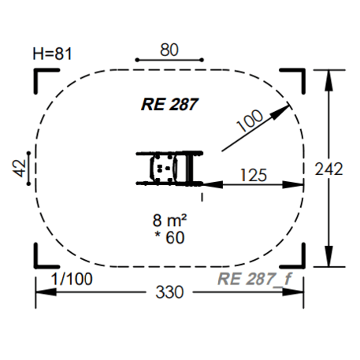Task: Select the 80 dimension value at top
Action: click(x=169, y=49)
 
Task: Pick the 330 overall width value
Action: click(x=169, y=292)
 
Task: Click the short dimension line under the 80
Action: click(x=169, y=60)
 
